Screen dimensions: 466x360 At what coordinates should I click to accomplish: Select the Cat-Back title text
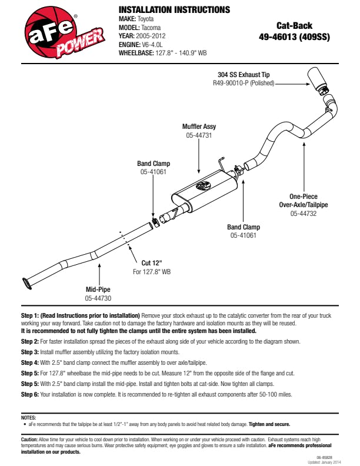294,26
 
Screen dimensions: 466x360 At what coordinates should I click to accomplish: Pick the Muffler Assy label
199,127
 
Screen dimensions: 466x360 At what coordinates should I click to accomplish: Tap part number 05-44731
199,135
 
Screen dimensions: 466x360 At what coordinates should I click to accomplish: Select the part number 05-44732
303,214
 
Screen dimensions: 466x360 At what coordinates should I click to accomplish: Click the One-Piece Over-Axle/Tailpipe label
303,201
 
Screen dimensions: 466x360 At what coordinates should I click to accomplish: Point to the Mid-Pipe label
98,289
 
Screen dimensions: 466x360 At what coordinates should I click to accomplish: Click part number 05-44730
98,298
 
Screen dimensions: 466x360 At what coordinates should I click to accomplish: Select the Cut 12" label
152,263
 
